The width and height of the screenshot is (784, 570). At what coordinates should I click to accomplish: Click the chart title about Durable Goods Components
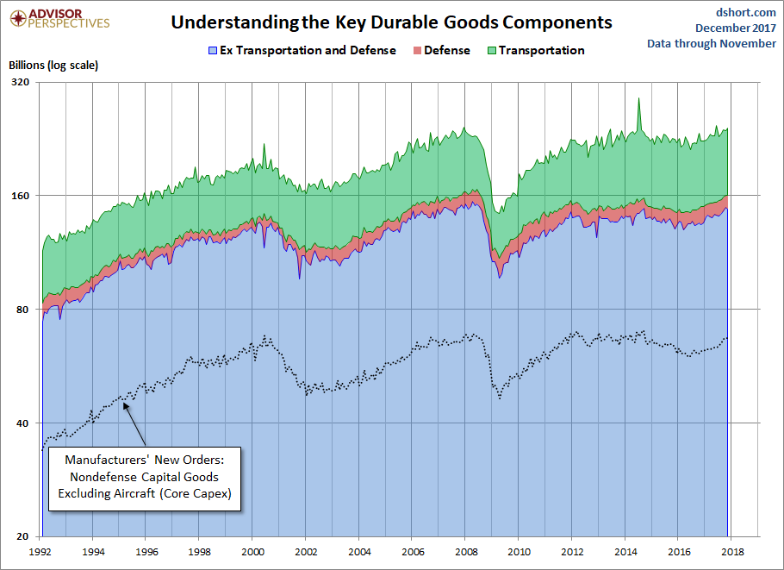click(x=391, y=22)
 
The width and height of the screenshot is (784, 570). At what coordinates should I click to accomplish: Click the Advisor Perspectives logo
click(x=58, y=18)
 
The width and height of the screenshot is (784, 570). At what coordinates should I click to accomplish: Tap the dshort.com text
click(x=746, y=12)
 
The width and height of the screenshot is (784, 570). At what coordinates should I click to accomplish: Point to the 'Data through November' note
click(x=712, y=44)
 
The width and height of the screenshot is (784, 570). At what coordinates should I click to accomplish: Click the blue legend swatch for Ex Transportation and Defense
click(x=212, y=51)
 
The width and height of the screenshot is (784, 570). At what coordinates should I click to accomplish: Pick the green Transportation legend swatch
click(x=491, y=51)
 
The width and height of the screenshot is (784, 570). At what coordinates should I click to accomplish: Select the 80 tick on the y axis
click(x=22, y=310)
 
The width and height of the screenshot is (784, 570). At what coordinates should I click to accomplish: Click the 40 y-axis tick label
click(x=22, y=423)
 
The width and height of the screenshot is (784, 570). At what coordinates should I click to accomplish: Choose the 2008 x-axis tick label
click(x=465, y=550)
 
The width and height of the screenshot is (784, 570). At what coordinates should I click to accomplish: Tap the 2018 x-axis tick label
click(x=731, y=550)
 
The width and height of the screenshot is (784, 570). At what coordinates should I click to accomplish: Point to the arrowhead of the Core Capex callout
click(x=126, y=402)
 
